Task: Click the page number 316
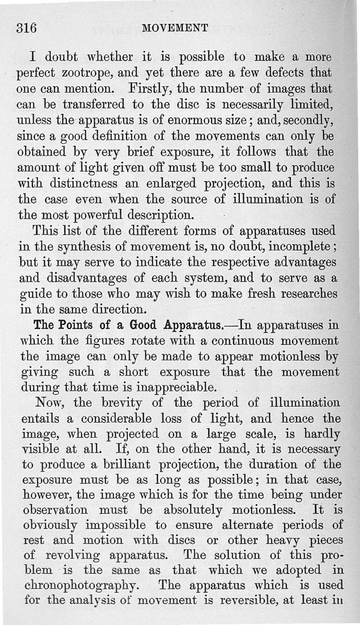coord(26,27)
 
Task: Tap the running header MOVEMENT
coord(175,28)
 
